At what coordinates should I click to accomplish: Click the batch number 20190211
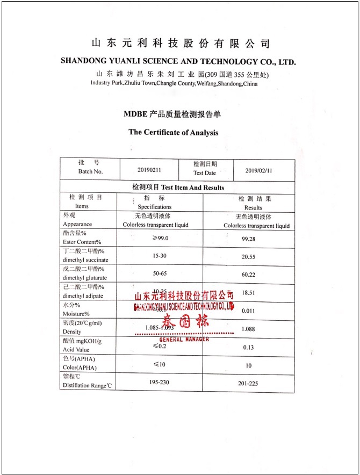[x=149, y=169]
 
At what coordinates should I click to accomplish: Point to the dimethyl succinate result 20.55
[x=248, y=257]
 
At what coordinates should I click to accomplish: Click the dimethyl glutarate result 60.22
[x=248, y=275]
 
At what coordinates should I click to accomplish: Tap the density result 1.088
[x=248, y=329]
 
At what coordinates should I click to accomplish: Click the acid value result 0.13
[x=248, y=347]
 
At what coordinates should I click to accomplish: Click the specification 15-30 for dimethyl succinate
[x=160, y=256]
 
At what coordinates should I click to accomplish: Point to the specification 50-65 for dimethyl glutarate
[x=160, y=274]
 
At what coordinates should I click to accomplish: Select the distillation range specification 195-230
[x=160, y=382]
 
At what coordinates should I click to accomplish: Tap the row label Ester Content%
[x=82, y=242]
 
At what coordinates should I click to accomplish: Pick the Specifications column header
[x=155, y=206]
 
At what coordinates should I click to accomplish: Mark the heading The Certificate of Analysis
[x=173, y=132]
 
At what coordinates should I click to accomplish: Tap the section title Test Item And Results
[x=192, y=188]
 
